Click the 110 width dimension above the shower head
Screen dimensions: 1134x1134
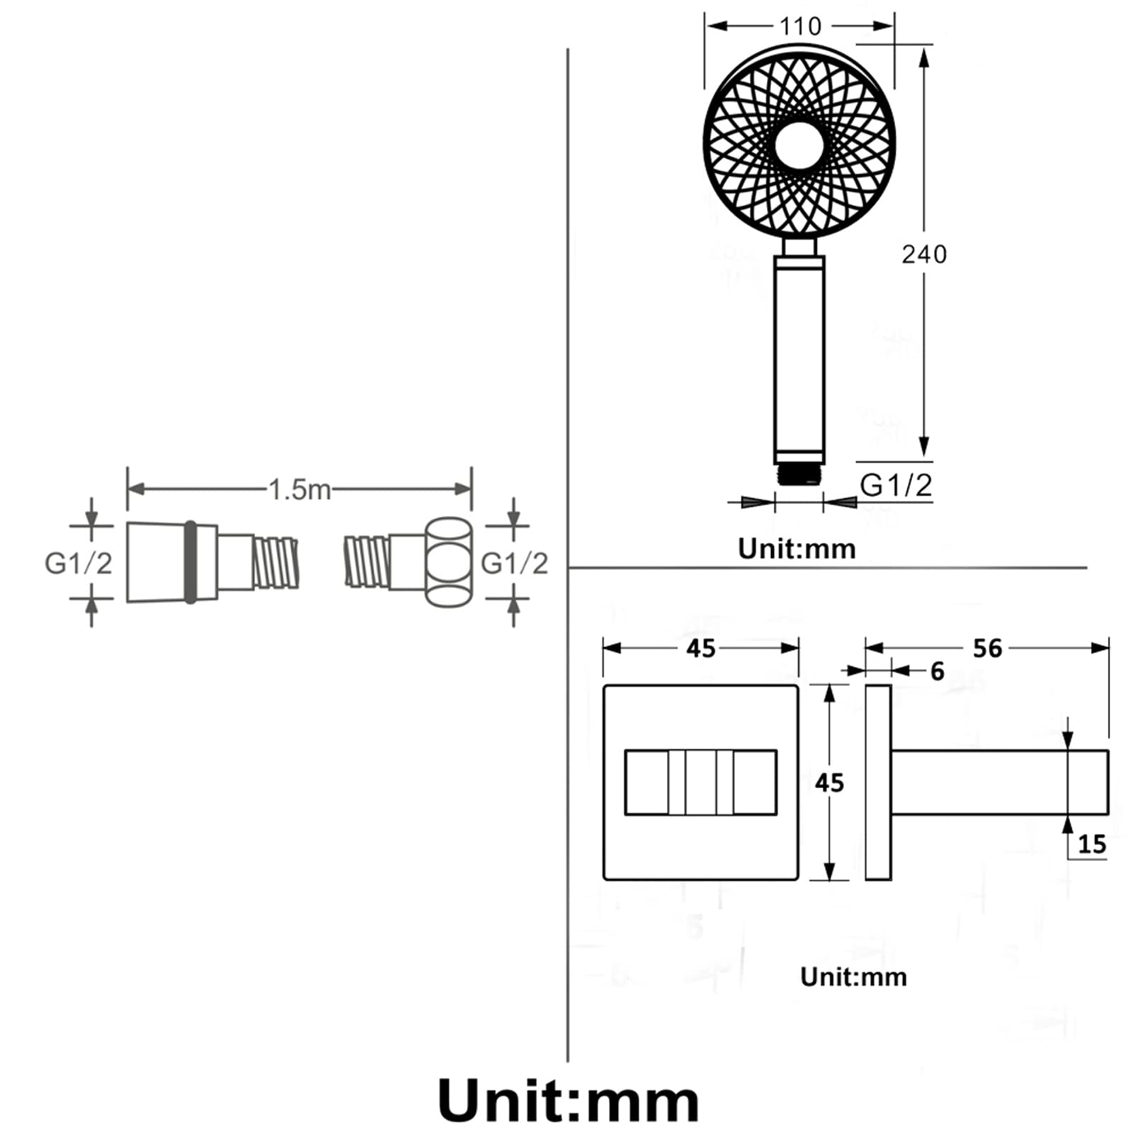[800, 26]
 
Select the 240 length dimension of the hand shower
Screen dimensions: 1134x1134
[924, 254]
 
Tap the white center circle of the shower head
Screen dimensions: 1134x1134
[799, 145]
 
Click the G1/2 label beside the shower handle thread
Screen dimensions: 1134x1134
[896, 485]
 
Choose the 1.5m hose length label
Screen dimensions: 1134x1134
[300, 489]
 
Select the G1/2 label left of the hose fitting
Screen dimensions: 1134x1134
[78, 563]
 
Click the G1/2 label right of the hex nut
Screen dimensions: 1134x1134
[515, 563]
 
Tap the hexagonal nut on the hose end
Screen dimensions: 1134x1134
[449, 563]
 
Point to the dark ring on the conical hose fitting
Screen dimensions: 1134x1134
[190, 563]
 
